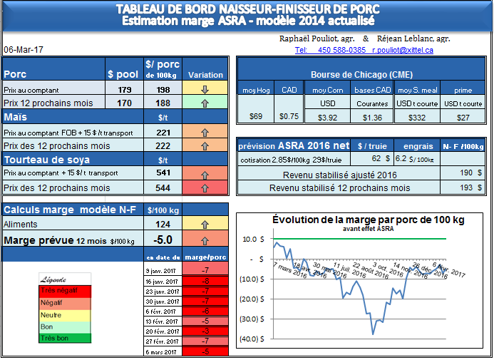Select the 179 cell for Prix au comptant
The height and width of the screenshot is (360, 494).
pyautogui.click(x=125, y=90)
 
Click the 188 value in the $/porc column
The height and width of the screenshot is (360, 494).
pyautogui.click(x=163, y=103)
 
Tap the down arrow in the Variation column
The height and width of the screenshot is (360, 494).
pyautogui.click(x=205, y=90)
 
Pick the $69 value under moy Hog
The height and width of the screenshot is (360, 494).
pyautogui.click(x=255, y=117)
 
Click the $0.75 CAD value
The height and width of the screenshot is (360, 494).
pyautogui.click(x=289, y=117)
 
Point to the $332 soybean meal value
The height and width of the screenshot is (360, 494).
pyautogui.click(x=417, y=117)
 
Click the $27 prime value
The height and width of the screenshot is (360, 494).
pyautogui.click(x=463, y=117)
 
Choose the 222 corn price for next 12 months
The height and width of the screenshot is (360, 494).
pyautogui.click(x=163, y=145)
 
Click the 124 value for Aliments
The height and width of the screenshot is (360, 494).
pyautogui.click(x=163, y=224)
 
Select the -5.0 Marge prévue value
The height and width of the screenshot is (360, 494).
pyautogui.click(x=163, y=240)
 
